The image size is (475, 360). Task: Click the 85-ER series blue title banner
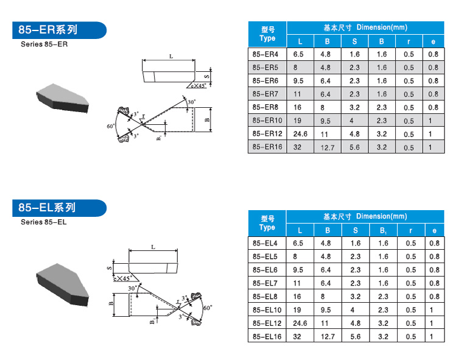[59, 30]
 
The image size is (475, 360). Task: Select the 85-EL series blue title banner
[59, 208]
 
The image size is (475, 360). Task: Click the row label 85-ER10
[267, 121]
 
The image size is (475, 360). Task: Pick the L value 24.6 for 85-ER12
[300, 134]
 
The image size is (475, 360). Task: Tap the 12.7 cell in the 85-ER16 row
[328, 147]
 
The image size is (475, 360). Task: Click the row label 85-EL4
[265, 243]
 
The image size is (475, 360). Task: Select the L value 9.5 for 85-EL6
[298, 270]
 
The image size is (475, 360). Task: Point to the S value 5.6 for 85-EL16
[356, 336]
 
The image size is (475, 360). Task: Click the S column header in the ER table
[354, 41]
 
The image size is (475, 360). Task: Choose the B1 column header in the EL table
[383, 231]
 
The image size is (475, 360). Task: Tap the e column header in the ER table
[433, 41]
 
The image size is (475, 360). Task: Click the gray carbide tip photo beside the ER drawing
[62, 98]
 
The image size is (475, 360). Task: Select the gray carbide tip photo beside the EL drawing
[62, 285]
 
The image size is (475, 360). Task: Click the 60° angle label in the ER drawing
[111, 126]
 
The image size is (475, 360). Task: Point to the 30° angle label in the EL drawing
[132, 288]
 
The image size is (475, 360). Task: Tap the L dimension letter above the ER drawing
[171, 57]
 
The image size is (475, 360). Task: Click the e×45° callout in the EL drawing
[123, 278]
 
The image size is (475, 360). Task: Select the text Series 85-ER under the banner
[44, 44]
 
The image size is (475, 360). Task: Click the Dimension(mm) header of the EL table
[381, 216]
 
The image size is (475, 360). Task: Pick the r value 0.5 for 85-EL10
[411, 309]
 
